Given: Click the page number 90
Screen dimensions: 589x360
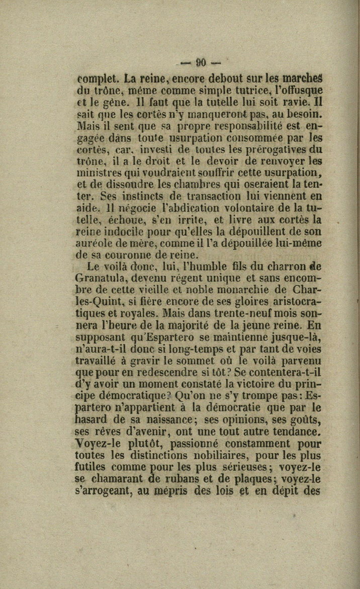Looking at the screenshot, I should point(201,63).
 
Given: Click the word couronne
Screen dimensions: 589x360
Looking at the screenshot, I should point(135,255).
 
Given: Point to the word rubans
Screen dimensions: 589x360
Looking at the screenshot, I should point(185,479).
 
